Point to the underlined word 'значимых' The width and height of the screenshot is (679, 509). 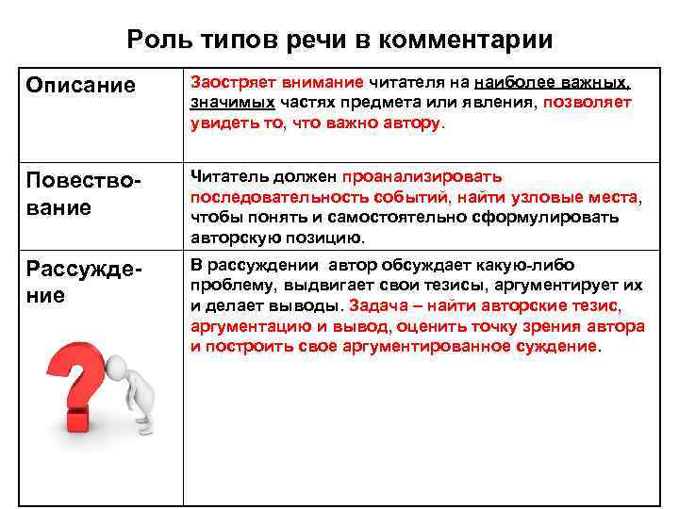click(x=232, y=102)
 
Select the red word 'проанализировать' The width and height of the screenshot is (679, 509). click(x=422, y=176)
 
